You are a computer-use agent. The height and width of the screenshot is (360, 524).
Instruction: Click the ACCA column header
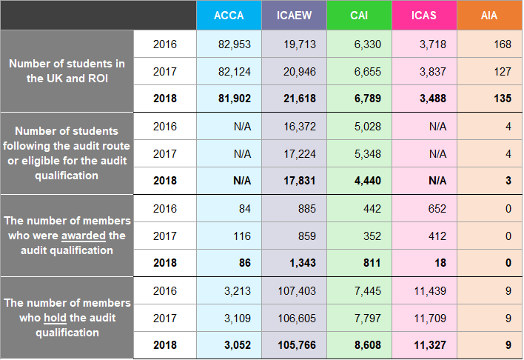pos(229,15)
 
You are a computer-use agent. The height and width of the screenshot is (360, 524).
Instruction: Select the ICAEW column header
pos(294,15)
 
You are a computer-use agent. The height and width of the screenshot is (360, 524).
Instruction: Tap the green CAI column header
pos(359,15)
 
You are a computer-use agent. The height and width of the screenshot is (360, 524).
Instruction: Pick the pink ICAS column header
pos(424,15)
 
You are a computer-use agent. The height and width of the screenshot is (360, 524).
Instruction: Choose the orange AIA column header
pos(489,15)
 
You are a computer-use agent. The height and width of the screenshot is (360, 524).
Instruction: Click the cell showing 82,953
pos(235,44)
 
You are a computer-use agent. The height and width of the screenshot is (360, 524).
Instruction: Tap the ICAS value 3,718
pos(432,44)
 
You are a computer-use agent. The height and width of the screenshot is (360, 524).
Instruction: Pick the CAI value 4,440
pos(367,181)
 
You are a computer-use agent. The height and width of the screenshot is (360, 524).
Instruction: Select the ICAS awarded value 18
pos(440,263)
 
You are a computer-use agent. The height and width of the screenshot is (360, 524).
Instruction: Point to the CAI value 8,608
pos(367,344)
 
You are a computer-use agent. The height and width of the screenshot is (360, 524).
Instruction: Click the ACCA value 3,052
pos(237,344)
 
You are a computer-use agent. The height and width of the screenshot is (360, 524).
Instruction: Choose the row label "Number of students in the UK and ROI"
pos(67,71)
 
